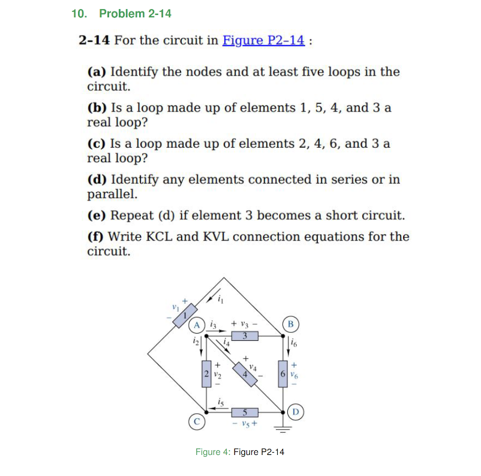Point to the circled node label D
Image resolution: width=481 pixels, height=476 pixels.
tap(295, 412)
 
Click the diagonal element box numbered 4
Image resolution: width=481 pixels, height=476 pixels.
tap(245, 373)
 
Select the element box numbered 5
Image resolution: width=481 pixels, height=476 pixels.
tap(245, 412)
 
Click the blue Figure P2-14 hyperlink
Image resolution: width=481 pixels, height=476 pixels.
tap(264, 41)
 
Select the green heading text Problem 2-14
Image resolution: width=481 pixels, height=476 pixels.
tap(136, 13)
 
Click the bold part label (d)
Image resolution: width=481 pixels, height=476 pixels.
tap(98, 179)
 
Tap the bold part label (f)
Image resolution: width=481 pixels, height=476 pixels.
tap(97, 236)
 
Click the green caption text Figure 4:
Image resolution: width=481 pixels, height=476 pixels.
tap(212, 452)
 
